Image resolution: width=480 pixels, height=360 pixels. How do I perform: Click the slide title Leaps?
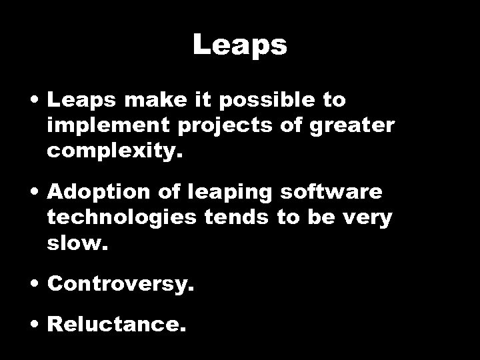(x=240, y=45)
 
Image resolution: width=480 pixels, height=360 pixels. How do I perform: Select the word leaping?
(x=235, y=193)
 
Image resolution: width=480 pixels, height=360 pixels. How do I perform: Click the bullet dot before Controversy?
(x=36, y=285)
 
